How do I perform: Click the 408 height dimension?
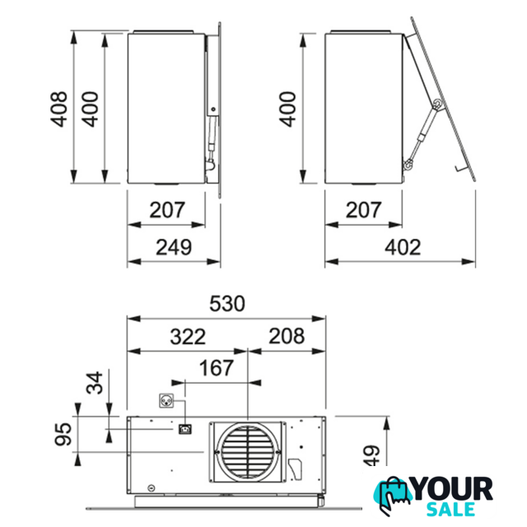point(58,109)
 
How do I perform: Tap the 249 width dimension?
point(174,247)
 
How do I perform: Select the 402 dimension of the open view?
point(403,247)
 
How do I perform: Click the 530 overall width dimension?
point(227,304)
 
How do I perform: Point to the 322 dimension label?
point(188,337)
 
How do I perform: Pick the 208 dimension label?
point(287,336)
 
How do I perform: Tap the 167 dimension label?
point(217,368)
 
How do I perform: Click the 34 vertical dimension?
point(95,382)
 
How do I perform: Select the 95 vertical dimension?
point(63,434)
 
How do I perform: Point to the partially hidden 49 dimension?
point(371,455)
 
